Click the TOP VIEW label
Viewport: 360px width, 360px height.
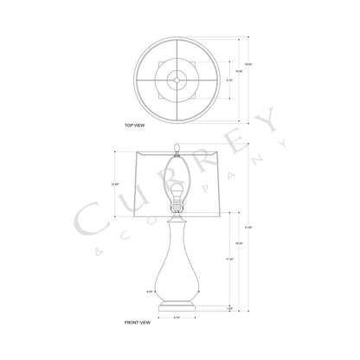coord(134,125)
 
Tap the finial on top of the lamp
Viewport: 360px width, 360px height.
coord(178,147)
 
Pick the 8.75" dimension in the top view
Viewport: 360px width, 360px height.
coord(229,79)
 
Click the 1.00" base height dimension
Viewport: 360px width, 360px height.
coord(229,307)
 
